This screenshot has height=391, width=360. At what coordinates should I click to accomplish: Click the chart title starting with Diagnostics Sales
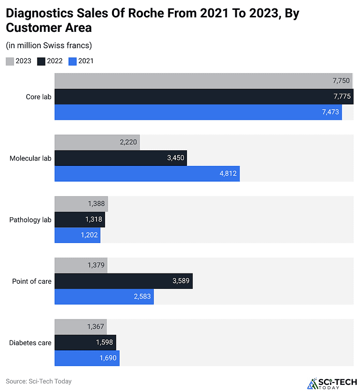point(152,20)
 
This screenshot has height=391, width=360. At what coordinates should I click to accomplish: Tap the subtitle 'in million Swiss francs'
point(49,45)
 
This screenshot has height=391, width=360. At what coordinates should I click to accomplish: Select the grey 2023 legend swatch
point(10,61)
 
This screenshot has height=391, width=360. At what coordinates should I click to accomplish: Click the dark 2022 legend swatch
point(41,61)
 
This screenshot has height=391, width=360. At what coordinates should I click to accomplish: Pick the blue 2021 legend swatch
point(72,61)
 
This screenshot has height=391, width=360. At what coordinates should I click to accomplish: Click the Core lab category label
point(38,97)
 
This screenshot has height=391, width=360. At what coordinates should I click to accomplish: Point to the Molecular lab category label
point(30,158)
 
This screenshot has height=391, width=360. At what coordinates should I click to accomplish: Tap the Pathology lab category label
point(30,220)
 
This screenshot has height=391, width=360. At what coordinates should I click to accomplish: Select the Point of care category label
point(32,281)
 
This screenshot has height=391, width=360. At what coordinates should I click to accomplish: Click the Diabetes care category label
point(30,343)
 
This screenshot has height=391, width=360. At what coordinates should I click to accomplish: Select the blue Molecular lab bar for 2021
point(147,174)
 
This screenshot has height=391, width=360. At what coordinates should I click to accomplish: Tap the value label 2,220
point(128,142)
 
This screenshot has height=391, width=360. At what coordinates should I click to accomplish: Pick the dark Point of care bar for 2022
point(124,281)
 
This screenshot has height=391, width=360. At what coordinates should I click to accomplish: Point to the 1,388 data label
point(96,204)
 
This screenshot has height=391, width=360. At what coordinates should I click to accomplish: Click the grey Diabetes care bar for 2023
point(81,327)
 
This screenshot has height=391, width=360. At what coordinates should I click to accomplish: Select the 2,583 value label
point(142,296)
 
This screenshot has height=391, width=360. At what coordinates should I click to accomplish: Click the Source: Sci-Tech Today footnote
point(38,381)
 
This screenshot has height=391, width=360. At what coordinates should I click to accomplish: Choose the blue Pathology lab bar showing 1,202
point(77,235)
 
